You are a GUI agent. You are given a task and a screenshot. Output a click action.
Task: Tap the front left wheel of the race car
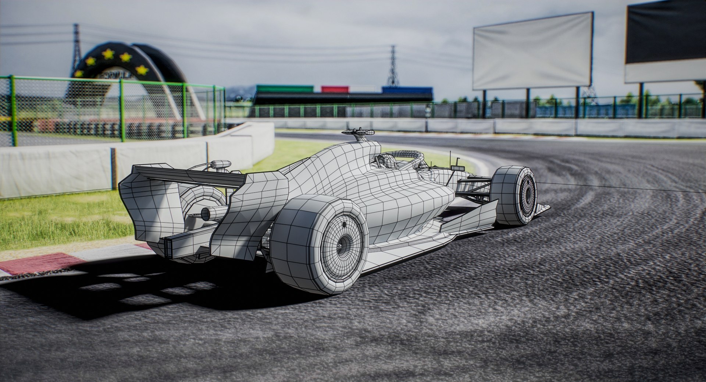point(515,195)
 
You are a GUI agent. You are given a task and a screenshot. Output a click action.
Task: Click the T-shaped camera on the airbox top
point(358,132)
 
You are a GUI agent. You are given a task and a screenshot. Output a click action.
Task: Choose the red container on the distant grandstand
point(334,89)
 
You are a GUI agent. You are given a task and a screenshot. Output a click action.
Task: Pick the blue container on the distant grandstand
point(407,89)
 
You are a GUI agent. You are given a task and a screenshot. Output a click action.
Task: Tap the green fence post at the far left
point(13,110)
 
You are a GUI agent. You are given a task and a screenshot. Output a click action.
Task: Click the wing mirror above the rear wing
point(221,164)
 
